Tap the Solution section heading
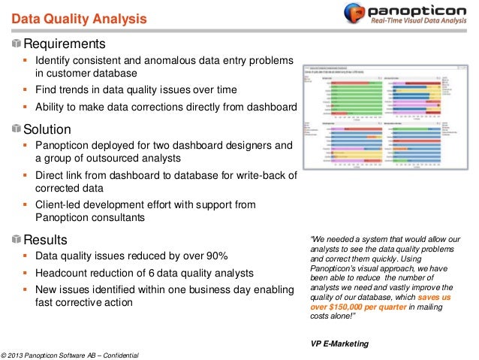tap(47, 129)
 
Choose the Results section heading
tap(46, 240)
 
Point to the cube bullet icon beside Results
tap(17, 241)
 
